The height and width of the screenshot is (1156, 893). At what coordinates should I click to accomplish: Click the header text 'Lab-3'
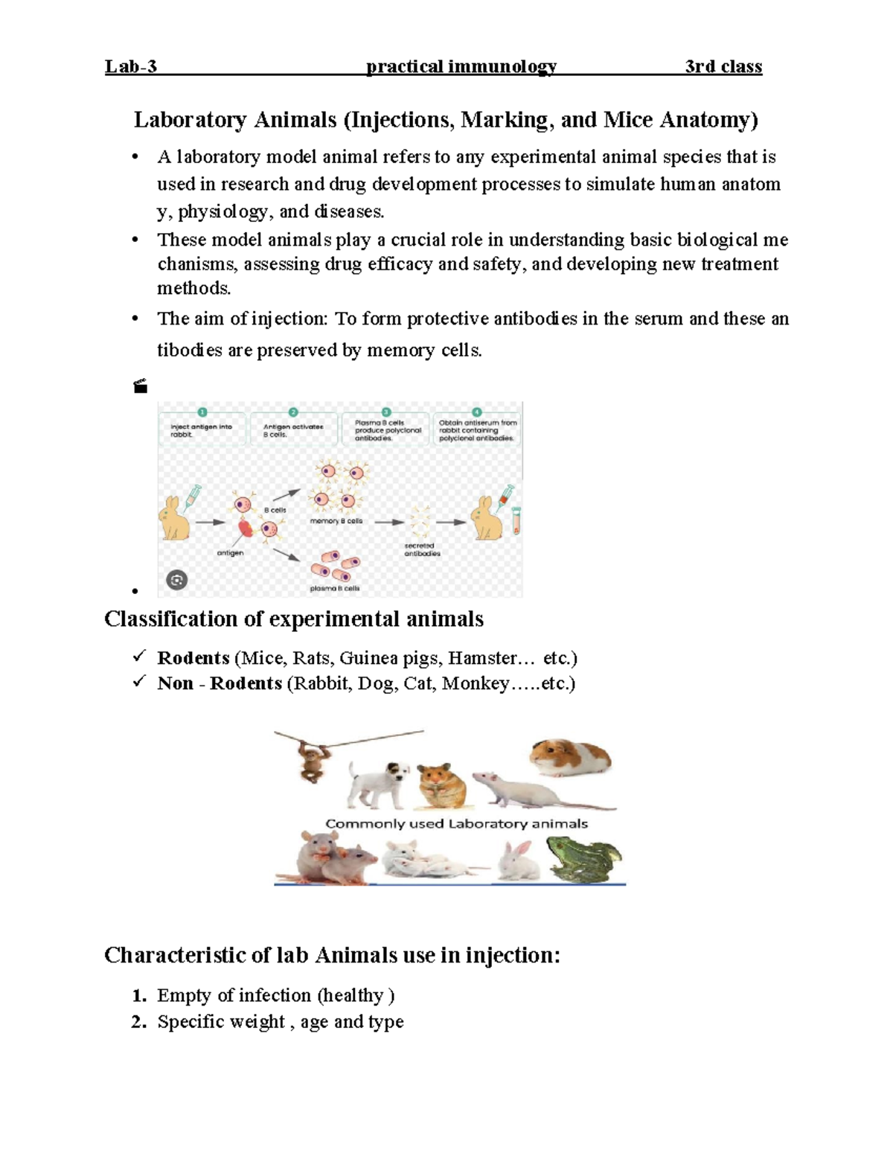tap(131, 67)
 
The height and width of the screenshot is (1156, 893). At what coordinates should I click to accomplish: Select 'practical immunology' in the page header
tap(461, 67)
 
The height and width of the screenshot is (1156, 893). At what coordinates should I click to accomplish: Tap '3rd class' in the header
tap(723, 67)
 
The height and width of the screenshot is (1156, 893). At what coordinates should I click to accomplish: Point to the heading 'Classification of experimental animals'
tap(294, 619)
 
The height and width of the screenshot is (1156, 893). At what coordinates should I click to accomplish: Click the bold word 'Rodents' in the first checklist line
tap(193, 658)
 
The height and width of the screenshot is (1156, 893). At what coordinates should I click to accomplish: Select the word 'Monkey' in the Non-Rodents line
tap(475, 683)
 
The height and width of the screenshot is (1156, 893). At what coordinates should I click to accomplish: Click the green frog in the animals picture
tap(584, 859)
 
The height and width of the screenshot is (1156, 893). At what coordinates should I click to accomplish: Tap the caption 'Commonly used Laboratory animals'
tap(457, 824)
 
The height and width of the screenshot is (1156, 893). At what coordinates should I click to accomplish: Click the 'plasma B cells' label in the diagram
tap(334, 588)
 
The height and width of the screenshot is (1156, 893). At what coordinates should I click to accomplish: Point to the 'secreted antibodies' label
tap(422, 549)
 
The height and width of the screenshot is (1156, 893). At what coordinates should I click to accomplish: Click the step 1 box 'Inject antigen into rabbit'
tap(202, 430)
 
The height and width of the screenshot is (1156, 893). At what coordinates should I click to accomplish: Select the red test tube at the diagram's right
tap(516, 521)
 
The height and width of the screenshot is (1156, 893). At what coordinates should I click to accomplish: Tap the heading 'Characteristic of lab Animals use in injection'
tap(332, 956)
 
